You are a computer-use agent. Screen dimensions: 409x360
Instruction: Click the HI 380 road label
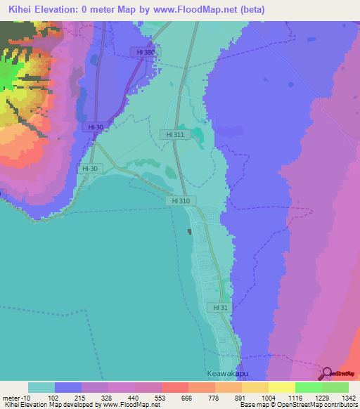pos(146,52)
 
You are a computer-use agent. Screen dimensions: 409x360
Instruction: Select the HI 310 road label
pos(180,200)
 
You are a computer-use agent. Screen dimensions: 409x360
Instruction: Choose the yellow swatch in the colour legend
pos(281,387)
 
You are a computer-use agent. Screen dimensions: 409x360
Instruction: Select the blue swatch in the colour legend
pos(68,387)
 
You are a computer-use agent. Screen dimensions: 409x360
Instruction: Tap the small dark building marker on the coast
pos(189,232)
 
